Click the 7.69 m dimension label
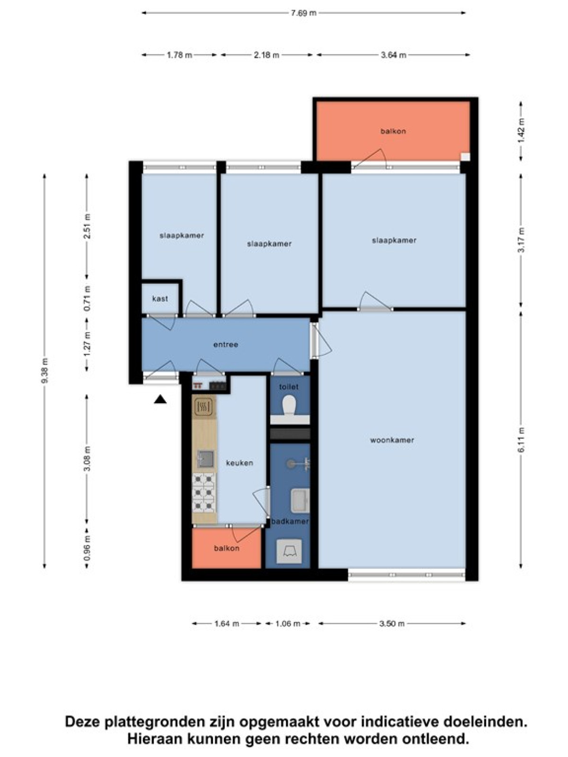tap(303, 13)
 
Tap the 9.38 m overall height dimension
tap(44, 371)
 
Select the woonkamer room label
tap(392, 440)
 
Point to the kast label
tap(160, 299)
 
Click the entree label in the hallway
tap(226, 344)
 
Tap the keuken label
tap(240, 463)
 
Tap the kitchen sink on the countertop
tap(205, 459)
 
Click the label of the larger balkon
tap(393, 132)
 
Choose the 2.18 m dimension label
tap(266, 55)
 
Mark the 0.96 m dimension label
tap(87, 552)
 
